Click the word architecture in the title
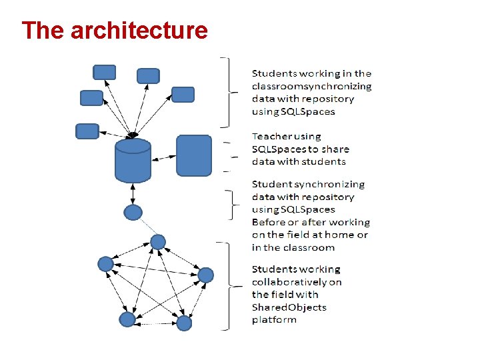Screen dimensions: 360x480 pos(139,30)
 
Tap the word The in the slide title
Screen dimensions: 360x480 pos(43,30)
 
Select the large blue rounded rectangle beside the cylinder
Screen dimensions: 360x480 pos(193,155)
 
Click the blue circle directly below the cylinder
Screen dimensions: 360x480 pos(133,213)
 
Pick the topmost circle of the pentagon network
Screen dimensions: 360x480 pos(157,241)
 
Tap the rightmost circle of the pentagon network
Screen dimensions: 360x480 pos(205,275)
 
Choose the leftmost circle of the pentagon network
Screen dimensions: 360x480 pos(105,263)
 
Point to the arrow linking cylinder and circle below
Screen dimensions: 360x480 pos(133,194)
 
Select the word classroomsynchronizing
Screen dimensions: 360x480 pos(311,86)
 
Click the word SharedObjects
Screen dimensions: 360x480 pos(289,307)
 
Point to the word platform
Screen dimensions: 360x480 pos(274,320)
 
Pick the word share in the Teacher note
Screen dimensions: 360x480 pos(335,149)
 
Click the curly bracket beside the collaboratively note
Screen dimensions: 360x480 pos(229,285)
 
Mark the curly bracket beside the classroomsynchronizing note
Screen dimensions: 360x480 pos(229,91)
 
